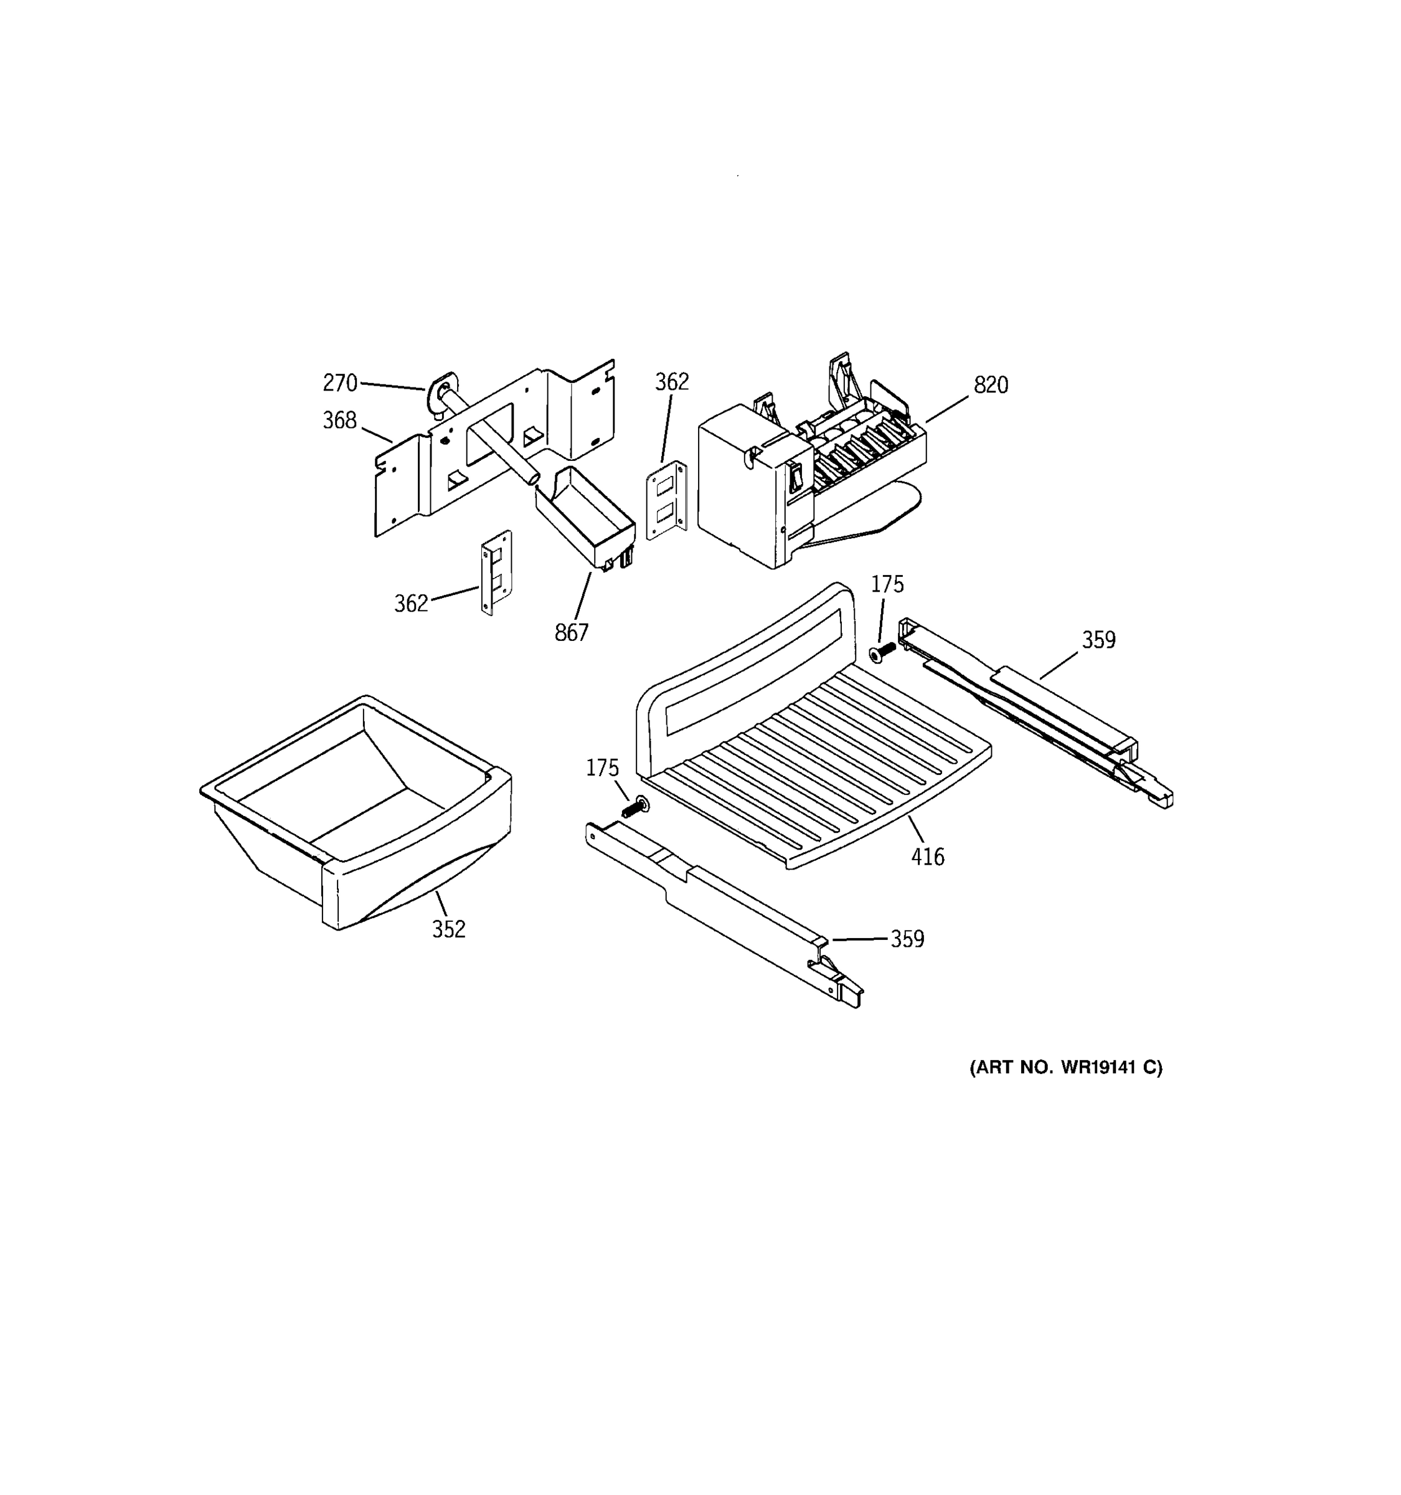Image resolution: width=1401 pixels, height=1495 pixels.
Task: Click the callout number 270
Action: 340,382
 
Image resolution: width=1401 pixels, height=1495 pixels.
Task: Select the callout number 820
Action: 991,385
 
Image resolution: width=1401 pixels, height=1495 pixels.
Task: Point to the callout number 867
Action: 571,633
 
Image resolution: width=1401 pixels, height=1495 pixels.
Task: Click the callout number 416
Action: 928,857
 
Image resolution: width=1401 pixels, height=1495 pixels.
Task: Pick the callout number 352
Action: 449,929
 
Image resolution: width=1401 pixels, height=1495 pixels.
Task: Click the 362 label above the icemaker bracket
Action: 671,382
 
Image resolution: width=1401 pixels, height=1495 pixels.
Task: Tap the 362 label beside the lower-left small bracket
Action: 411,603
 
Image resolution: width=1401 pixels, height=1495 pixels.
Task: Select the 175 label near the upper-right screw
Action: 887,584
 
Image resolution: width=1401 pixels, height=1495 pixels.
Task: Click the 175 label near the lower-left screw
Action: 602,768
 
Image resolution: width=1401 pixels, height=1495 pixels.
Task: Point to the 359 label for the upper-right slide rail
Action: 1098,640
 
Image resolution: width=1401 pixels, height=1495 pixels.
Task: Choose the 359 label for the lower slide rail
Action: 907,939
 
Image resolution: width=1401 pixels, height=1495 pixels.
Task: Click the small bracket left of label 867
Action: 496,572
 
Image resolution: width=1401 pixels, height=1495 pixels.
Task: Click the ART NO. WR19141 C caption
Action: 1065,1067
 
